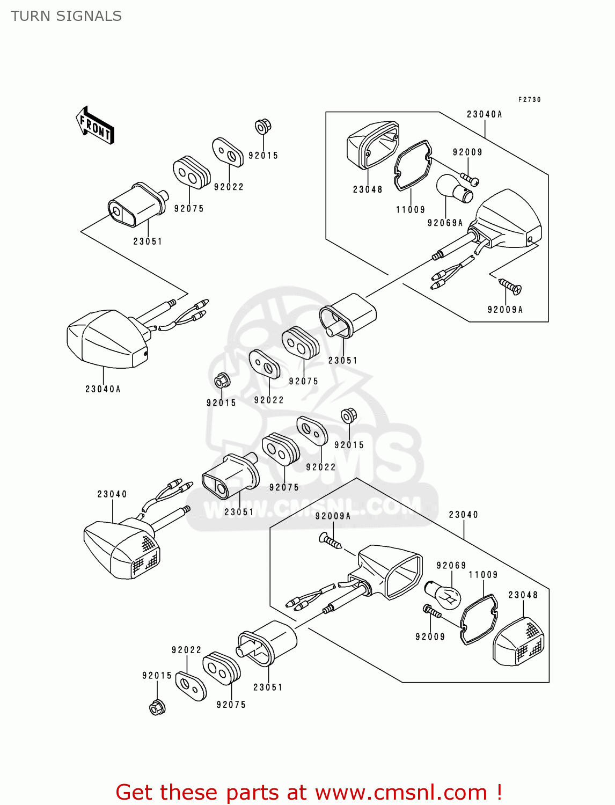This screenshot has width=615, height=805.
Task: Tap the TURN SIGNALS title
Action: click(66, 16)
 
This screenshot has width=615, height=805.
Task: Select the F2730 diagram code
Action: click(529, 100)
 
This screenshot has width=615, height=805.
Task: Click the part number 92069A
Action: click(445, 223)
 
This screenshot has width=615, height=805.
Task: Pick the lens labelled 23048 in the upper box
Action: click(372, 144)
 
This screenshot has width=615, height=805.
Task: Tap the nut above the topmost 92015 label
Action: click(262, 127)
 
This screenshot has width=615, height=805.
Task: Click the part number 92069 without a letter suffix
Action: click(451, 565)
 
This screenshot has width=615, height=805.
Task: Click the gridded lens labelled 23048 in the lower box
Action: click(518, 642)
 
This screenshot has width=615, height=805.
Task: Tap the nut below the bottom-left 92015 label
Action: click(157, 707)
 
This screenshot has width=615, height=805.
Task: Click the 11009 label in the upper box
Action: click(411, 210)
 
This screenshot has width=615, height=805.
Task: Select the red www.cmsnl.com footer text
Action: click(309, 792)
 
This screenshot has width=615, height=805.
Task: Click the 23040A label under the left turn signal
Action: click(103, 389)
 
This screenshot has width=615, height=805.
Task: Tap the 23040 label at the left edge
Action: click(112, 494)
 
